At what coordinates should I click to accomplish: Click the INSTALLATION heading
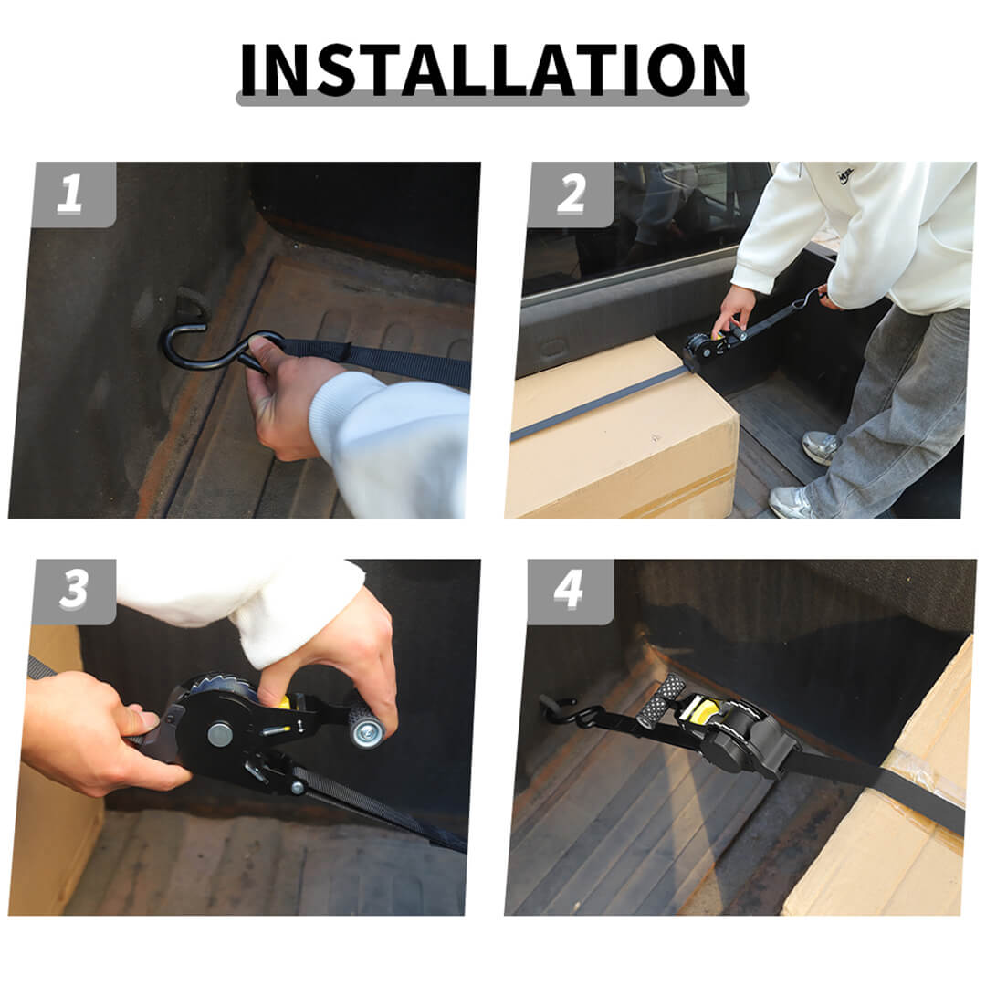(x=493, y=69)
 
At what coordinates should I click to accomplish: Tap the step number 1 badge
(x=74, y=194)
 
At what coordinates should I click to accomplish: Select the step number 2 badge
(x=571, y=194)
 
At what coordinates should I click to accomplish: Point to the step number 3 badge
(x=74, y=592)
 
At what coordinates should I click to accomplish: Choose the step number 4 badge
(x=571, y=592)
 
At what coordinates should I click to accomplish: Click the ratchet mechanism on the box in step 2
(x=703, y=349)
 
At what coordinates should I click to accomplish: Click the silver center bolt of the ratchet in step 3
(x=220, y=734)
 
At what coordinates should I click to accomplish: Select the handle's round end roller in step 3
(x=366, y=729)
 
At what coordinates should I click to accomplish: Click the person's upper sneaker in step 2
(x=821, y=446)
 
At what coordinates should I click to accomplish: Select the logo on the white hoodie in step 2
(x=844, y=173)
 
